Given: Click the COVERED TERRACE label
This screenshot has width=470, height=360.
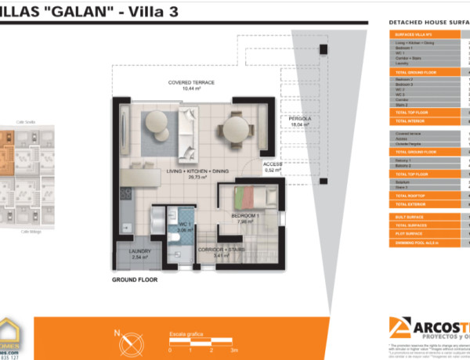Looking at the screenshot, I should [191, 85].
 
